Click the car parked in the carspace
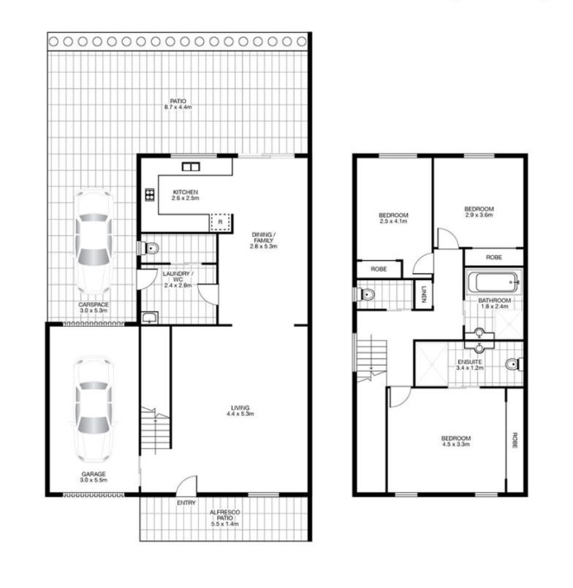click(x=93, y=242)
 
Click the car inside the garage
click(x=93, y=410)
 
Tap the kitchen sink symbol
click(x=191, y=167)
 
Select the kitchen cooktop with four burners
click(x=150, y=195)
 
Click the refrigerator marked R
click(x=220, y=222)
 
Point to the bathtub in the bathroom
click(x=493, y=282)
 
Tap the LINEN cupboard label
click(x=424, y=294)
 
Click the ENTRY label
click(x=187, y=503)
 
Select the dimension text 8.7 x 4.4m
click(x=178, y=107)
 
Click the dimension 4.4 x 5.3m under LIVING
click(x=240, y=413)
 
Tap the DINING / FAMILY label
click(x=264, y=238)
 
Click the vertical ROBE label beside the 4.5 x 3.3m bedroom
click(x=515, y=440)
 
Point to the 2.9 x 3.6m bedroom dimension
click(x=479, y=214)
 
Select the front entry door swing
click(x=187, y=484)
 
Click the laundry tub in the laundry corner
click(x=150, y=317)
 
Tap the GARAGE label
click(x=93, y=474)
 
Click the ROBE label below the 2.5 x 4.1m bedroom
click(x=379, y=269)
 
